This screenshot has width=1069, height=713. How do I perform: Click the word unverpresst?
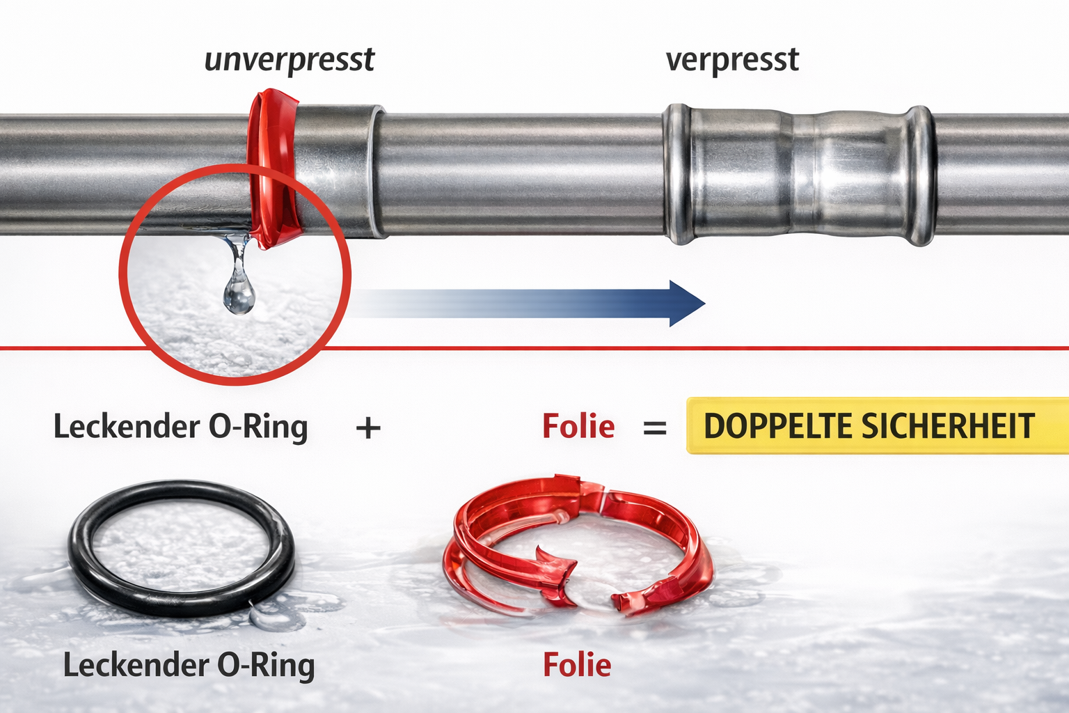click(x=290, y=61)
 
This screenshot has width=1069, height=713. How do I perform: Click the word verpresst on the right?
click(x=732, y=61)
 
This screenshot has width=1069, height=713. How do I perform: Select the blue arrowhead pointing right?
click(x=686, y=304)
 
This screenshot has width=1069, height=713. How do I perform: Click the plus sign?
click(x=368, y=428)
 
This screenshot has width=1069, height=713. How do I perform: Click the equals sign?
click(x=655, y=428)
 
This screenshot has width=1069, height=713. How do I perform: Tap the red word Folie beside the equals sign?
click(x=578, y=426)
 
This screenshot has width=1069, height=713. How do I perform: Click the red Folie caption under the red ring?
click(x=577, y=665)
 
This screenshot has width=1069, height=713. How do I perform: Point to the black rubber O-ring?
click(x=77, y=549)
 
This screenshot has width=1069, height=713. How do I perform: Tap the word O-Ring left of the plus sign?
click(x=258, y=426)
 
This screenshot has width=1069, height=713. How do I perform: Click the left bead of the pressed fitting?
click(x=678, y=174)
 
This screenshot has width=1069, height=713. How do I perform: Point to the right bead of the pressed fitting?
click(x=920, y=175)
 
